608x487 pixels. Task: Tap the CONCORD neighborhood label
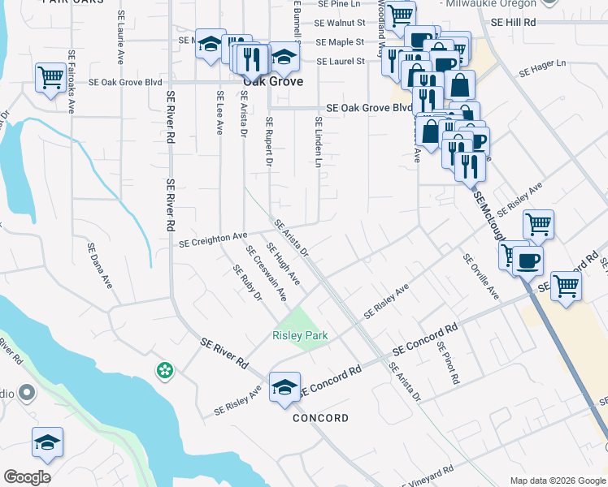tap(320, 418)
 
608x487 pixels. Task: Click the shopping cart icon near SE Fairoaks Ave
tap(50, 78)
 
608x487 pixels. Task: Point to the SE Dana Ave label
tap(101, 269)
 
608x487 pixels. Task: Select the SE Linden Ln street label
tap(319, 142)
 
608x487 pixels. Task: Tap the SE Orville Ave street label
tap(480, 277)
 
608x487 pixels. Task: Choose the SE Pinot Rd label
tap(448, 362)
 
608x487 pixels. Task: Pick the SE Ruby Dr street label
tap(247, 282)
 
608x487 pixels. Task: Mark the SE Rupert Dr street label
tap(269, 142)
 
